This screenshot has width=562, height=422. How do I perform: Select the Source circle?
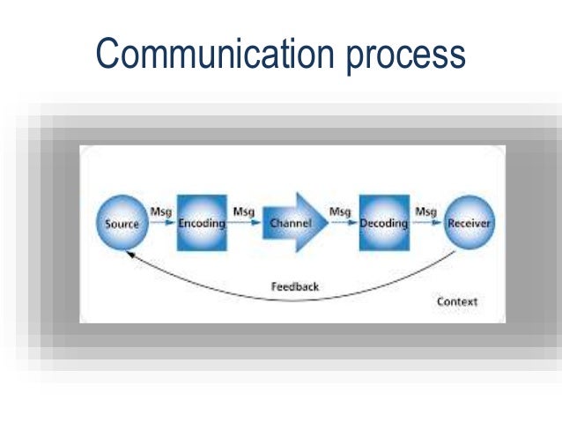(x=122, y=223)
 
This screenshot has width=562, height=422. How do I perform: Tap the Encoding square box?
(x=202, y=222)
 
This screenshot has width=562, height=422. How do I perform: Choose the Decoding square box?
(x=384, y=222)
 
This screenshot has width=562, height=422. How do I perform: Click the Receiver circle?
(x=468, y=223)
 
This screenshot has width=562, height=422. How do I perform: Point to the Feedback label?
(x=295, y=286)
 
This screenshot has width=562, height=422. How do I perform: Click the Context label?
(x=457, y=302)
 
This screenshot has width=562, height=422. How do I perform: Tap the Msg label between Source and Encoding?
(x=161, y=211)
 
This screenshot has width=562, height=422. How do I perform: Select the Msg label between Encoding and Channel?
(x=244, y=211)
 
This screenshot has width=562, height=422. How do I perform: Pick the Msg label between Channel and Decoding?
(x=340, y=211)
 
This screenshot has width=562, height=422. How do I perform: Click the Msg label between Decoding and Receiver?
(x=426, y=211)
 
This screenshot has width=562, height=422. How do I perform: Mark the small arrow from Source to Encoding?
(x=163, y=224)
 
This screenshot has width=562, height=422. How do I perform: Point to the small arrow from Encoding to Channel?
(x=245, y=224)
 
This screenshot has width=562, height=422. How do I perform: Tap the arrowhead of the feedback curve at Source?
(x=130, y=254)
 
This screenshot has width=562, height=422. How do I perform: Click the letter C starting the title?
(x=107, y=54)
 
